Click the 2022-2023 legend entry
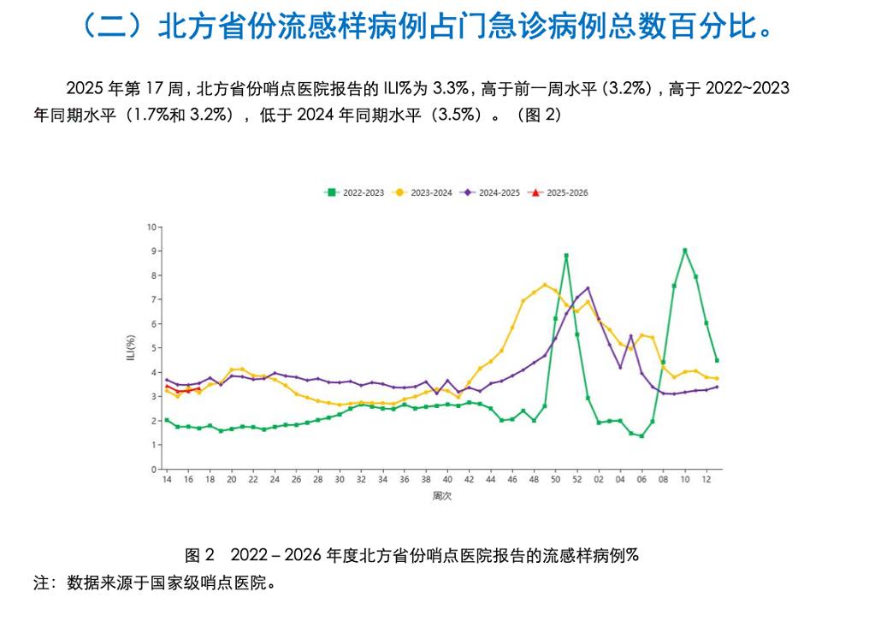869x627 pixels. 354,193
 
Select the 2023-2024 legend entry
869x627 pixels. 423,193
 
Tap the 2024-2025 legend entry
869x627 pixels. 490,193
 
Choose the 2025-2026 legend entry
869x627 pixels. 558,193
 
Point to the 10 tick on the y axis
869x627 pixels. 151,227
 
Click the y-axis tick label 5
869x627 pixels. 154,348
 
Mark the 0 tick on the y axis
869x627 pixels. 154,470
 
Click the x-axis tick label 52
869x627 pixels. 577,480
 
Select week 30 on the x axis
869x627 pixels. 340,480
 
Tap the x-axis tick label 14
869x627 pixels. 167,480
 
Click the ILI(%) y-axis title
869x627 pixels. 131,348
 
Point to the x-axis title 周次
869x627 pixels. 441,496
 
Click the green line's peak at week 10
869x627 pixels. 685,251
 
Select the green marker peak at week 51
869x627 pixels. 566,256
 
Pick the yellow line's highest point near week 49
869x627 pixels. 545,285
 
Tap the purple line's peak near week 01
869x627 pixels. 588,288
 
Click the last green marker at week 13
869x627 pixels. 717,360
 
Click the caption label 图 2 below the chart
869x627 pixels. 199,555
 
